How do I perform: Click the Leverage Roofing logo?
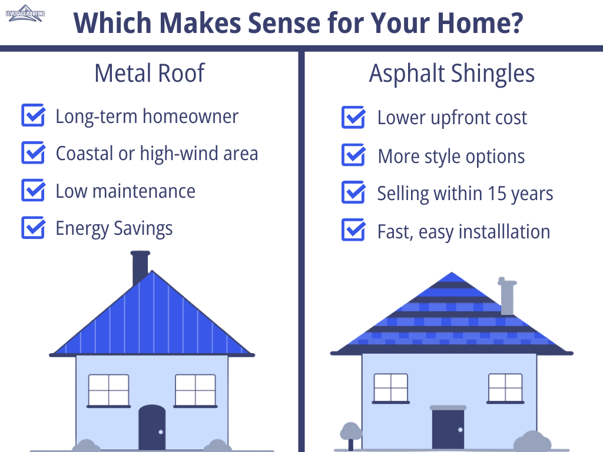pyautogui.click(x=25, y=14)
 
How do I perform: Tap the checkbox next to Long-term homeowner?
pyautogui.click(x=33, y=115)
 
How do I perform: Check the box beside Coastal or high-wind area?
pyautogui.click(x=33, y=152)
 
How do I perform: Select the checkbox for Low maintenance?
pyautogui.click(x=33, y=190)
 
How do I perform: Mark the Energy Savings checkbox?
pyautogui.click(x=33, y=228)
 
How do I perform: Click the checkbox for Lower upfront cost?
pyautogui.click(x=353, y=117)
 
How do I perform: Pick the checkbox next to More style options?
pyautogui.click(x=353, y=155)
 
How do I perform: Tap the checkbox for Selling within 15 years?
pyautogui.click(x=353, y=192)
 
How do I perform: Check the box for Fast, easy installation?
pyautogui.click(x=353, y=230)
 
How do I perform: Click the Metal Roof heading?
pyautogui.click(x=150, y=73)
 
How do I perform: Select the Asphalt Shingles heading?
pyautogui.click(x=452, y=74)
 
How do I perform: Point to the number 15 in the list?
pyautogui.click(x=497, y=193)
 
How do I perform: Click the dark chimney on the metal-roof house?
pyautogui.click(x=140, y=267)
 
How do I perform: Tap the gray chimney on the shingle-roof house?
pyautogui.click(x=507, y=295)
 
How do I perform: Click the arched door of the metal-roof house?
pyautogui.click(x=153, y=427)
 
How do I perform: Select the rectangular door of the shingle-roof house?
pyautogui.click(x=448, y=428)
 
